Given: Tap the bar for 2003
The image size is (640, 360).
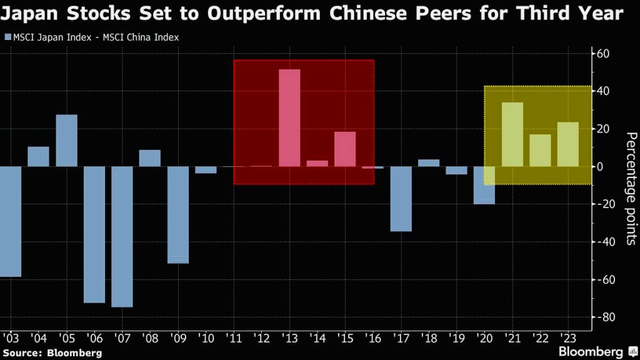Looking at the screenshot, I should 11,221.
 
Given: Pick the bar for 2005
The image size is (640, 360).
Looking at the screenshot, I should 67,141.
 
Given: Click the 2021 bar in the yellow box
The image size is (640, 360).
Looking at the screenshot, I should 512,134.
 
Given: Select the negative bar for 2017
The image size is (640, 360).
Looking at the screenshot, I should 401,199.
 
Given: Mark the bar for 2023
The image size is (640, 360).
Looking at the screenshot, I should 567,144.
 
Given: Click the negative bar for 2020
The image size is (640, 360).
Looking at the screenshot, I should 484,185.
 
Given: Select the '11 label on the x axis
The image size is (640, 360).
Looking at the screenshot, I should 234,339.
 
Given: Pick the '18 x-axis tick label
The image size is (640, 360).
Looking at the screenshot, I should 428,339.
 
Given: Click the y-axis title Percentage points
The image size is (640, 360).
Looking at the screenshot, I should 631,188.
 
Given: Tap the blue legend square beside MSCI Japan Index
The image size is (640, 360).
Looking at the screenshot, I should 7,37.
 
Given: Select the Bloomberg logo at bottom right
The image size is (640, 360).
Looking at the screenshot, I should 591,352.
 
